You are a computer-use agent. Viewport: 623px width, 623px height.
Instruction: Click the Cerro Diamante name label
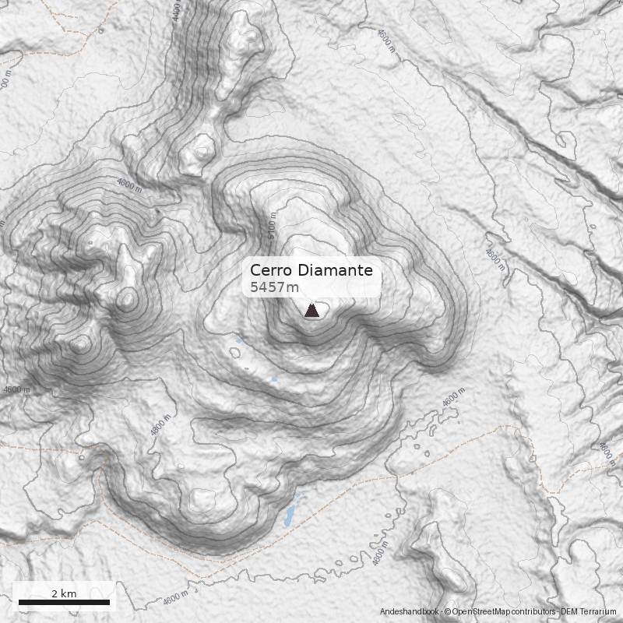tap(311, 271)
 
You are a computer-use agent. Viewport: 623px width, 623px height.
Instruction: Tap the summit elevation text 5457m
tap(274, 288)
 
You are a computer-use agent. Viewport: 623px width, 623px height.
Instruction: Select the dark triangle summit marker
tap(311, 311)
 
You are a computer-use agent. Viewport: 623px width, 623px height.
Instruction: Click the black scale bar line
tap(64, 602)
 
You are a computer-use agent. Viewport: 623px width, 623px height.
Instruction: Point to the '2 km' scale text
tap(64, 593)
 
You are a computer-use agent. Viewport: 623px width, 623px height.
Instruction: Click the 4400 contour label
tap(176, 12)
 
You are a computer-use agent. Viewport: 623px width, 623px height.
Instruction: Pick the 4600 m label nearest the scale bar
tap(176, 598)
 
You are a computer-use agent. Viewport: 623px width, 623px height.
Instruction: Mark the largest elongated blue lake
tap(289, 515)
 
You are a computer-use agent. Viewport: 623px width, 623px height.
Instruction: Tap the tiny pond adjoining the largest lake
tap(299, 496)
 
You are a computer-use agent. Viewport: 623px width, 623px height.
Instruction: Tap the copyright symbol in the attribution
tap(448, 612)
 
